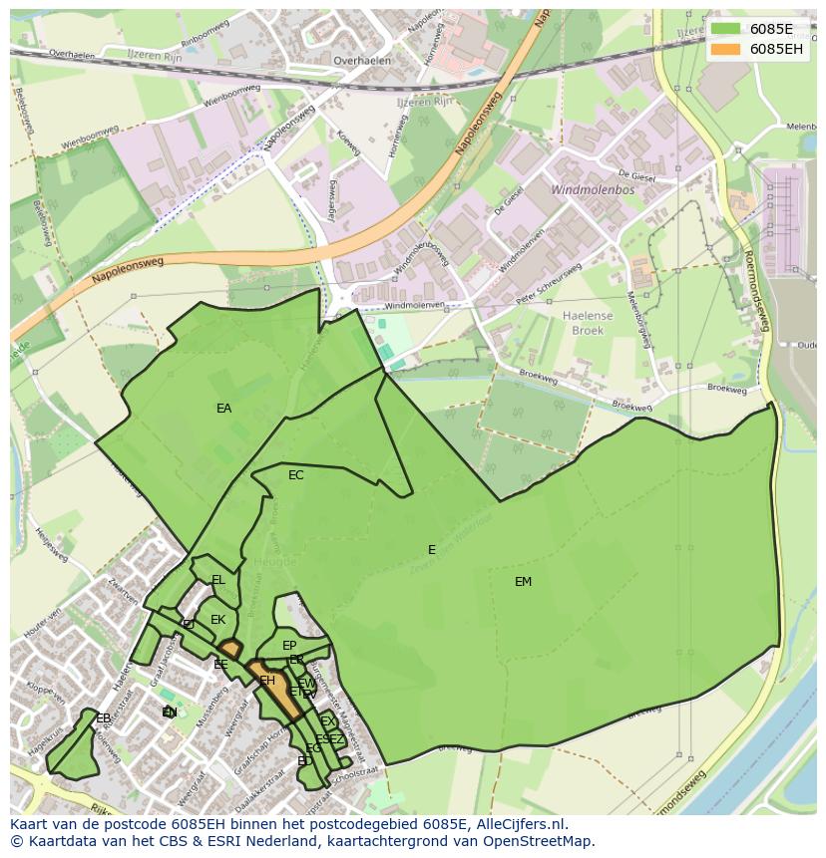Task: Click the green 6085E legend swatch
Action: (x=726, y=29)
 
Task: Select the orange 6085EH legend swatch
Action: (x=726, y=49)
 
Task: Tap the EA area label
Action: (x=223, y=408)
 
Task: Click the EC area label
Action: (x=295, y=475)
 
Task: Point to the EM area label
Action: (x=523, y=582)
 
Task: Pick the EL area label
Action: (x=217, y=580)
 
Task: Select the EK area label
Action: (x=217, y=620)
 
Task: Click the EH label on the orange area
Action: (x=267, y=681)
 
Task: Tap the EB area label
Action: (x=103, y=717)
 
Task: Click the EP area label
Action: (x=289, y=646)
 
